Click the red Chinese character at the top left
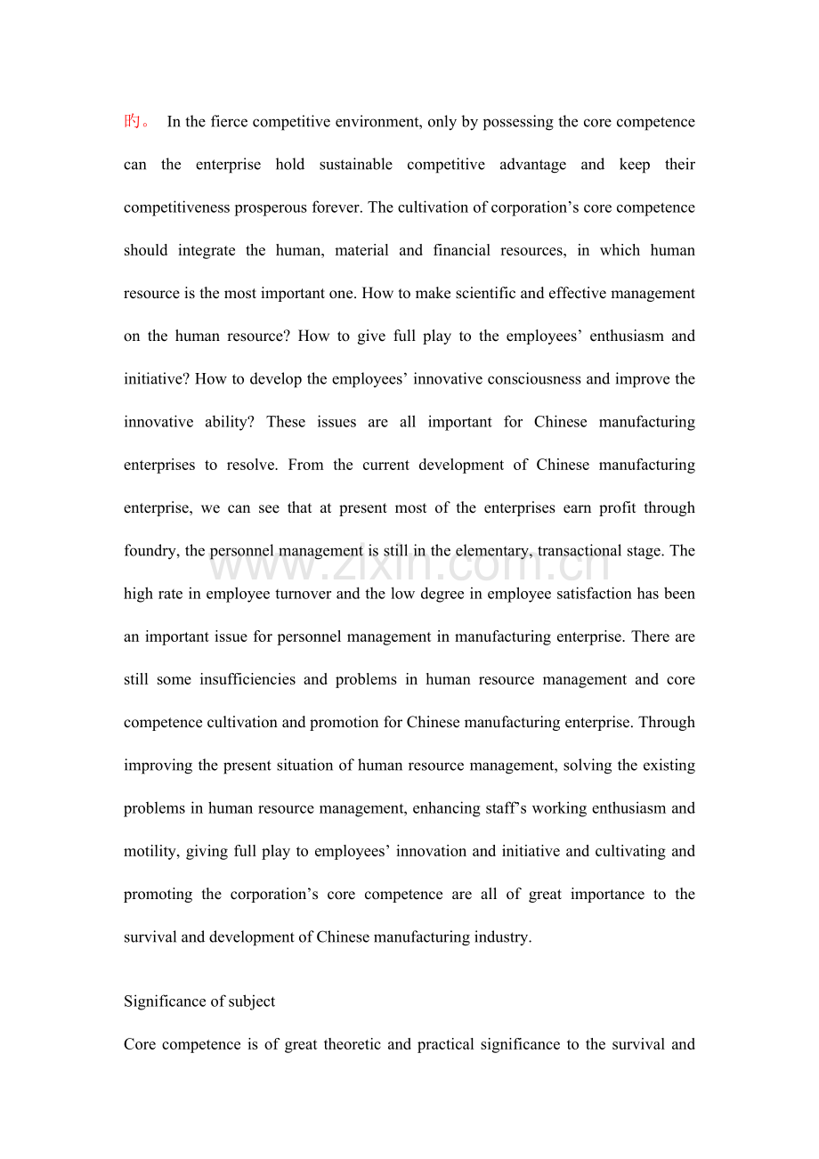click(133, 121)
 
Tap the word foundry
click(150, 551)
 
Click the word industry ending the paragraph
click(505, 937)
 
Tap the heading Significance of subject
click(199, 1001)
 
